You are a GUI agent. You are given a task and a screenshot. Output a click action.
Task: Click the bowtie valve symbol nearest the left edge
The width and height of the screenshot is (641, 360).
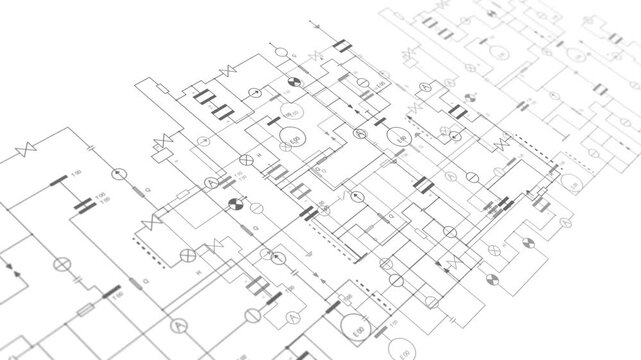pyautogui.click(x=25, y=152)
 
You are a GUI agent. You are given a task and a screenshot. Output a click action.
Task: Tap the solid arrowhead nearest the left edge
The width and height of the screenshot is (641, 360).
pyautogui.click(x=12, y=268)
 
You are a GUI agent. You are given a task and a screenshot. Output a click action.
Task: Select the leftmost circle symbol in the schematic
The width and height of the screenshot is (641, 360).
pyautogui.click(x=60, y=264)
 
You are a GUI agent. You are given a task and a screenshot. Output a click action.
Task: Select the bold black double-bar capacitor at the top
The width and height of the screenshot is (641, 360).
pyautogui.click(x=342, y=46)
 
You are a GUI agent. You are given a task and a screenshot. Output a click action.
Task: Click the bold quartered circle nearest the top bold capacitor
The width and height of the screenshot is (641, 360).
pyautogui.click(x=294, y=80)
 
